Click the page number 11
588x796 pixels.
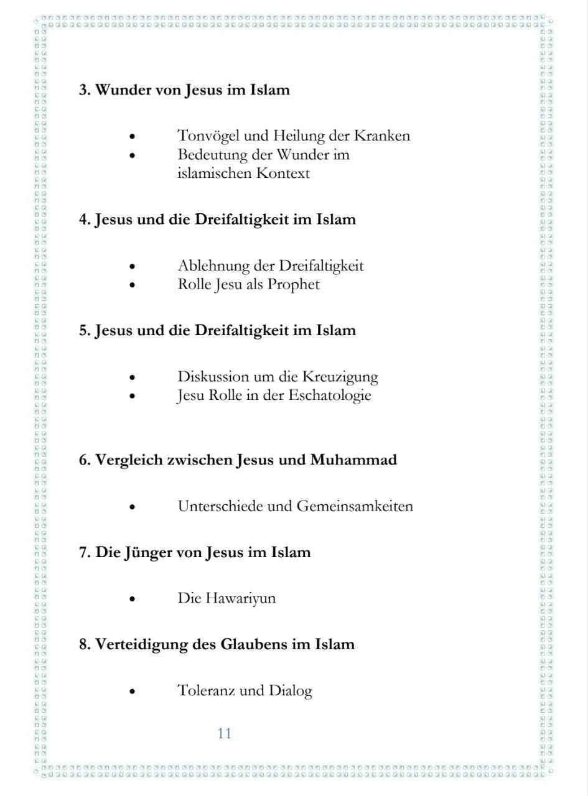pyautogui.click(x=224, y=733)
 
